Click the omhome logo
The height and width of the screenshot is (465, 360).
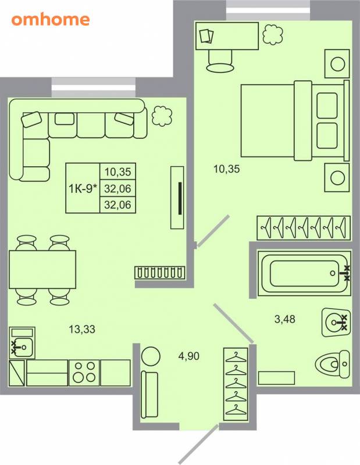(51, 20)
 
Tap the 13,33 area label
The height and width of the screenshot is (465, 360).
(82, 329)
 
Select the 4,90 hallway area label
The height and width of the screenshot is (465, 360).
(189, 356)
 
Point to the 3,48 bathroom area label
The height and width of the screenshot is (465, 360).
(285, 319)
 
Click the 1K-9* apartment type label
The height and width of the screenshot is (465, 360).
(83, 188)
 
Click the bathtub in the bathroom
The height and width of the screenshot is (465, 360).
(305, 273)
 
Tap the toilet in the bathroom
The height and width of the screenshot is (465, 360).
(333, 364)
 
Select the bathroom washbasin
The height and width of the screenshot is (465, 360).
(336, 322)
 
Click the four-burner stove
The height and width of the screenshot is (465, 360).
(84, 373)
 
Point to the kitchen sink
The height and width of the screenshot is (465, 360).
(22, 343)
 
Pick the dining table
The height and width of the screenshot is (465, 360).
(42, 269)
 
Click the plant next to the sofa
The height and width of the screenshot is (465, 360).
(162, 116)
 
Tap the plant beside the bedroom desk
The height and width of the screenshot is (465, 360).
(272, 34)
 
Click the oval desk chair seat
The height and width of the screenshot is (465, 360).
(220, 68)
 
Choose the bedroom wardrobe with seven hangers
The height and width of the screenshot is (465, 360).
(304, 228)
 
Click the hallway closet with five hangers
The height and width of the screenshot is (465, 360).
(236, 384)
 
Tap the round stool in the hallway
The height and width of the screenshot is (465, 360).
(151, 356)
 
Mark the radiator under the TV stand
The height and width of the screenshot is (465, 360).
(160, 273)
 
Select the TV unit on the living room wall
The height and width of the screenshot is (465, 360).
(177, 198)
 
